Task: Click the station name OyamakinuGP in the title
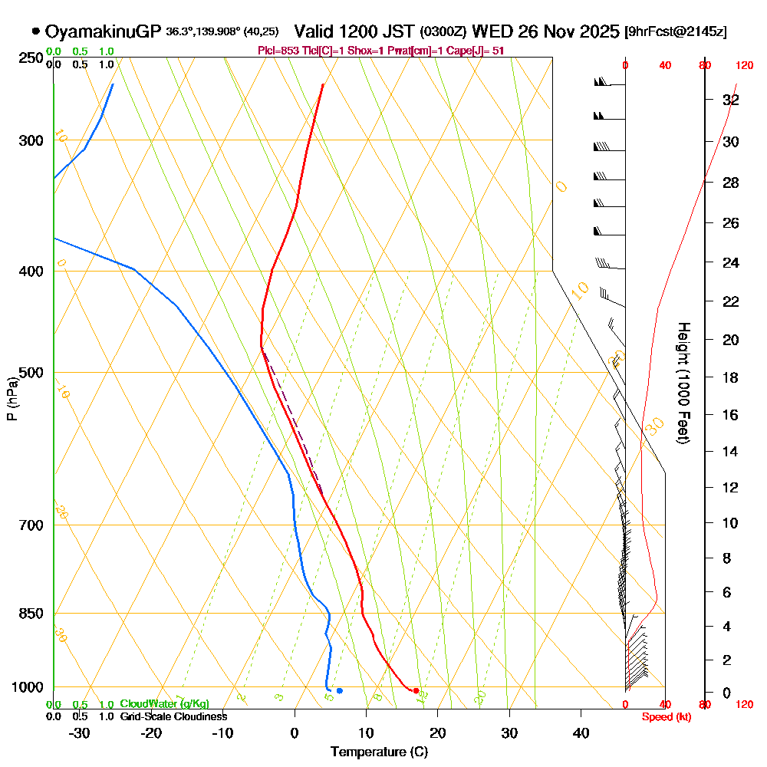103,31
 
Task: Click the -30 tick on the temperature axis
80,732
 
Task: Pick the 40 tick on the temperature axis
581,732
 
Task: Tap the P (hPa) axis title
12,399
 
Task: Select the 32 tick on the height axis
730,100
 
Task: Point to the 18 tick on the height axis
730,377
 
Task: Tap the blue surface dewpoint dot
339,691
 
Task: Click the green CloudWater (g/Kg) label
164,704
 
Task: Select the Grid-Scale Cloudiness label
173,716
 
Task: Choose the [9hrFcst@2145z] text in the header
676,32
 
